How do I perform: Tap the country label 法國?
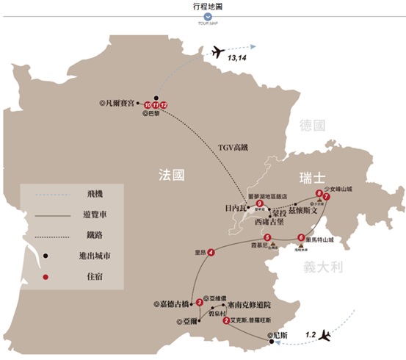point(171,175)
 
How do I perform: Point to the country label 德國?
point(311,126)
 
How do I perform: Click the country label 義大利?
point(327,267)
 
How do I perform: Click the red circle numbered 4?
point(211,253)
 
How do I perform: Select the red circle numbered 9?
point(259,204)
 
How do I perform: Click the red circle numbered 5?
point(269,237)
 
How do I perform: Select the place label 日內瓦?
point(237,208)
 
